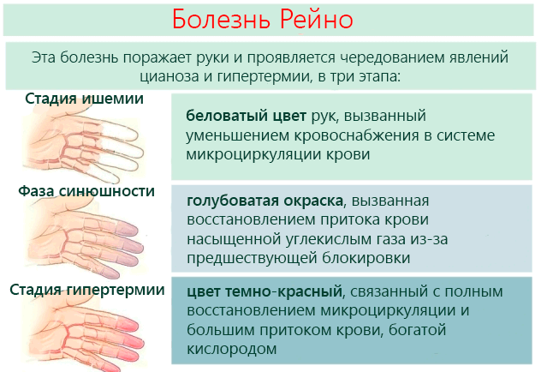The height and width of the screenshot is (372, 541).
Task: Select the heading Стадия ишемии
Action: tap(84, 99)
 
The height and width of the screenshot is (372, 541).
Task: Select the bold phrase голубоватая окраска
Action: tap(264, 201)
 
